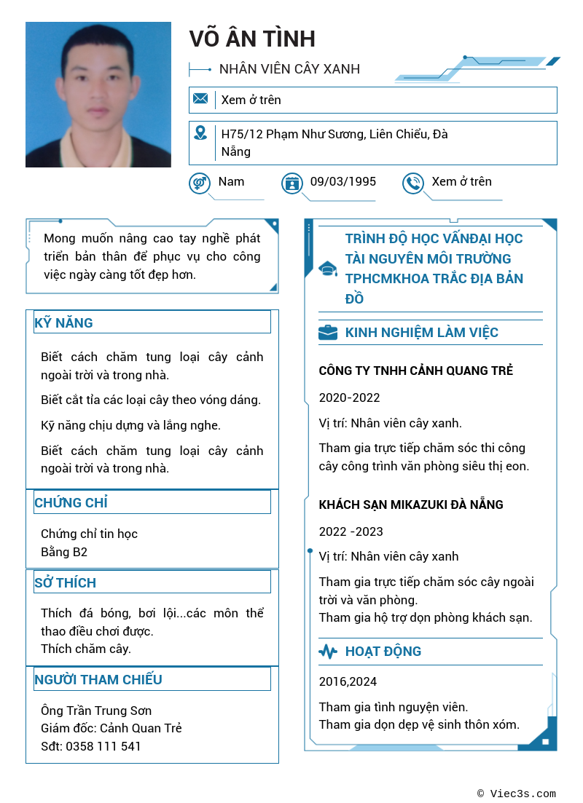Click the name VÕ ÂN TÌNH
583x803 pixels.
click(252, 39)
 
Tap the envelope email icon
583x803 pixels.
click(200, 99)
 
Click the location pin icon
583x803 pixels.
click(200, 133)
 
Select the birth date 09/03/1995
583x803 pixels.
click(343, 181)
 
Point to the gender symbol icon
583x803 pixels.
click(199, 183)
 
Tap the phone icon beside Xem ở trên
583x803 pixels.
click(413, 183)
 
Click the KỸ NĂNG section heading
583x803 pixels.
click(63, 323)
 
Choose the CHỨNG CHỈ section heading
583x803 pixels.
click(71, 502)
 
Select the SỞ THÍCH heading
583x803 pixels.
click(65, 582)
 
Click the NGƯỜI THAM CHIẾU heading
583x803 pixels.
click(98, 679)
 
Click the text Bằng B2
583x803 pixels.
click(64, 552)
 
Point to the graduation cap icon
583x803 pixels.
click(328, 269)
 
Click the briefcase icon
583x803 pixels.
click(328, 333)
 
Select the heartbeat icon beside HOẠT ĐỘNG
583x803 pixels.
click(328, 652)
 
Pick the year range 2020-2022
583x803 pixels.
click(349, 397)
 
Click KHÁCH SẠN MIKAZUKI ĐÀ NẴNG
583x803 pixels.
click(411, 505)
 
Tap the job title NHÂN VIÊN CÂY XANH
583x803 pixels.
click(289, 69)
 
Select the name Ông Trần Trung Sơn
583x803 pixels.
click(96, 711)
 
